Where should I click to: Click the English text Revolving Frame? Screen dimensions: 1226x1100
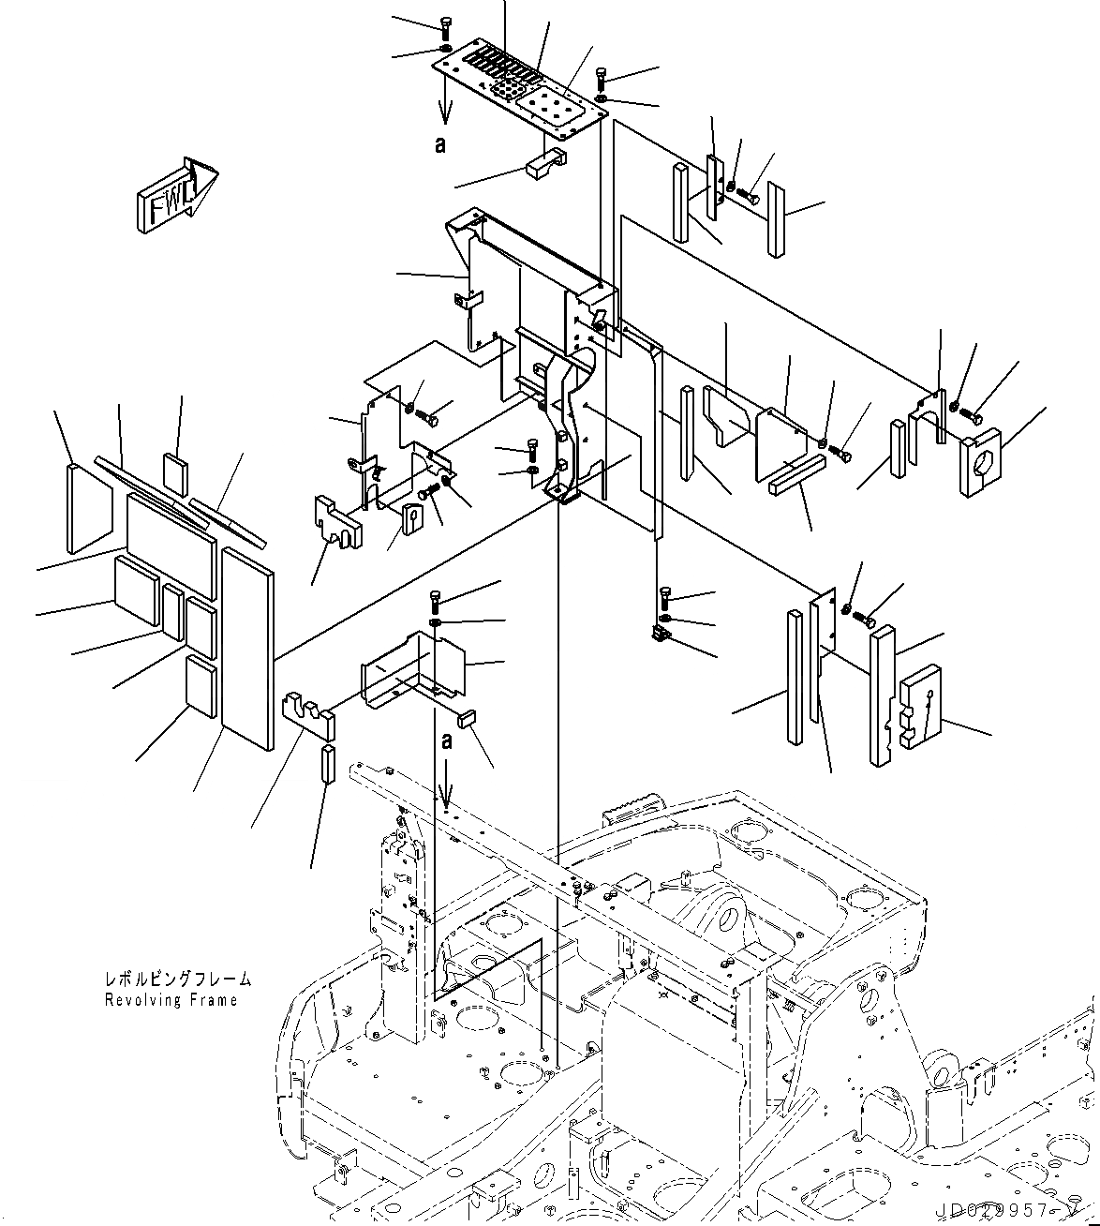[x=171, y=1000]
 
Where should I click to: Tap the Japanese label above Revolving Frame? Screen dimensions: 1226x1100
[x=178, y=979]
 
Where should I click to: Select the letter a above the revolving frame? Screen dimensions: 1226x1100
[x=447, y=741]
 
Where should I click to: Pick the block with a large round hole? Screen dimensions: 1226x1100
[x=979, y=461]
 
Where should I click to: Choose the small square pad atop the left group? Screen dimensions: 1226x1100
[x=176, y=471]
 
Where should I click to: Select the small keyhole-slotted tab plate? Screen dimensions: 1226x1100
[x=414, y=516]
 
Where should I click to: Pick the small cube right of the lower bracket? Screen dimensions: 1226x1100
[x=468, y=718]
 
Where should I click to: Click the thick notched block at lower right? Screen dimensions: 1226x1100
[x=919, y=705]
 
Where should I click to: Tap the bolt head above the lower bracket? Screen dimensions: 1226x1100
[x=436, y=598]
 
